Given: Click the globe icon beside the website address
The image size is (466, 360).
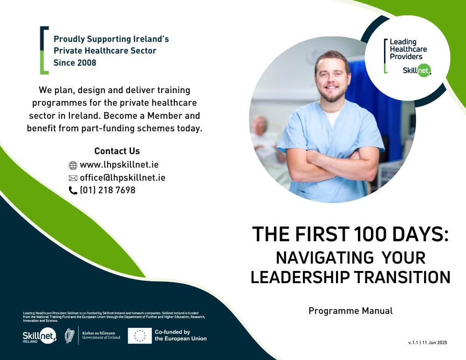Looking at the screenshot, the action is click(73, 165).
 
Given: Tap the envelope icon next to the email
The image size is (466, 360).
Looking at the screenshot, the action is click(73, 178).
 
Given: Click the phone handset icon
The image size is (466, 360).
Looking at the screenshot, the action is click(73, 190).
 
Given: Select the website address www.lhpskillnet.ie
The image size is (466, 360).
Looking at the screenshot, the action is click(119, 165).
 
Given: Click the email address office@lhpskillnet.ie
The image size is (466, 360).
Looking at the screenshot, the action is click(123, 177).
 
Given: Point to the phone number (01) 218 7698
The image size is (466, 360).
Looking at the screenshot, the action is click(108, 190).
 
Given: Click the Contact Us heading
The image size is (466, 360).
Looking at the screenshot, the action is click(117, 151).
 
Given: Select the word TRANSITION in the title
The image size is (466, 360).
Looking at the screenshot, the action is click(403, 277).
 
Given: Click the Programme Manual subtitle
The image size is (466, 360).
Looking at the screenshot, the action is click(350, 311).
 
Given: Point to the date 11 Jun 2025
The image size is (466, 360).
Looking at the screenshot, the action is click(434, 342).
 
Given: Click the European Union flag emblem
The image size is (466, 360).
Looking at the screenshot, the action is click(140, 336).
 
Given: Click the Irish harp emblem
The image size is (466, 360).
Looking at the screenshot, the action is click(69, 336).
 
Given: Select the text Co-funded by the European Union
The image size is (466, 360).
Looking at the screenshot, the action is click(181, 335).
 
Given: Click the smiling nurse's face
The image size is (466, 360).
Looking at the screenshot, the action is click(332, 77).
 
